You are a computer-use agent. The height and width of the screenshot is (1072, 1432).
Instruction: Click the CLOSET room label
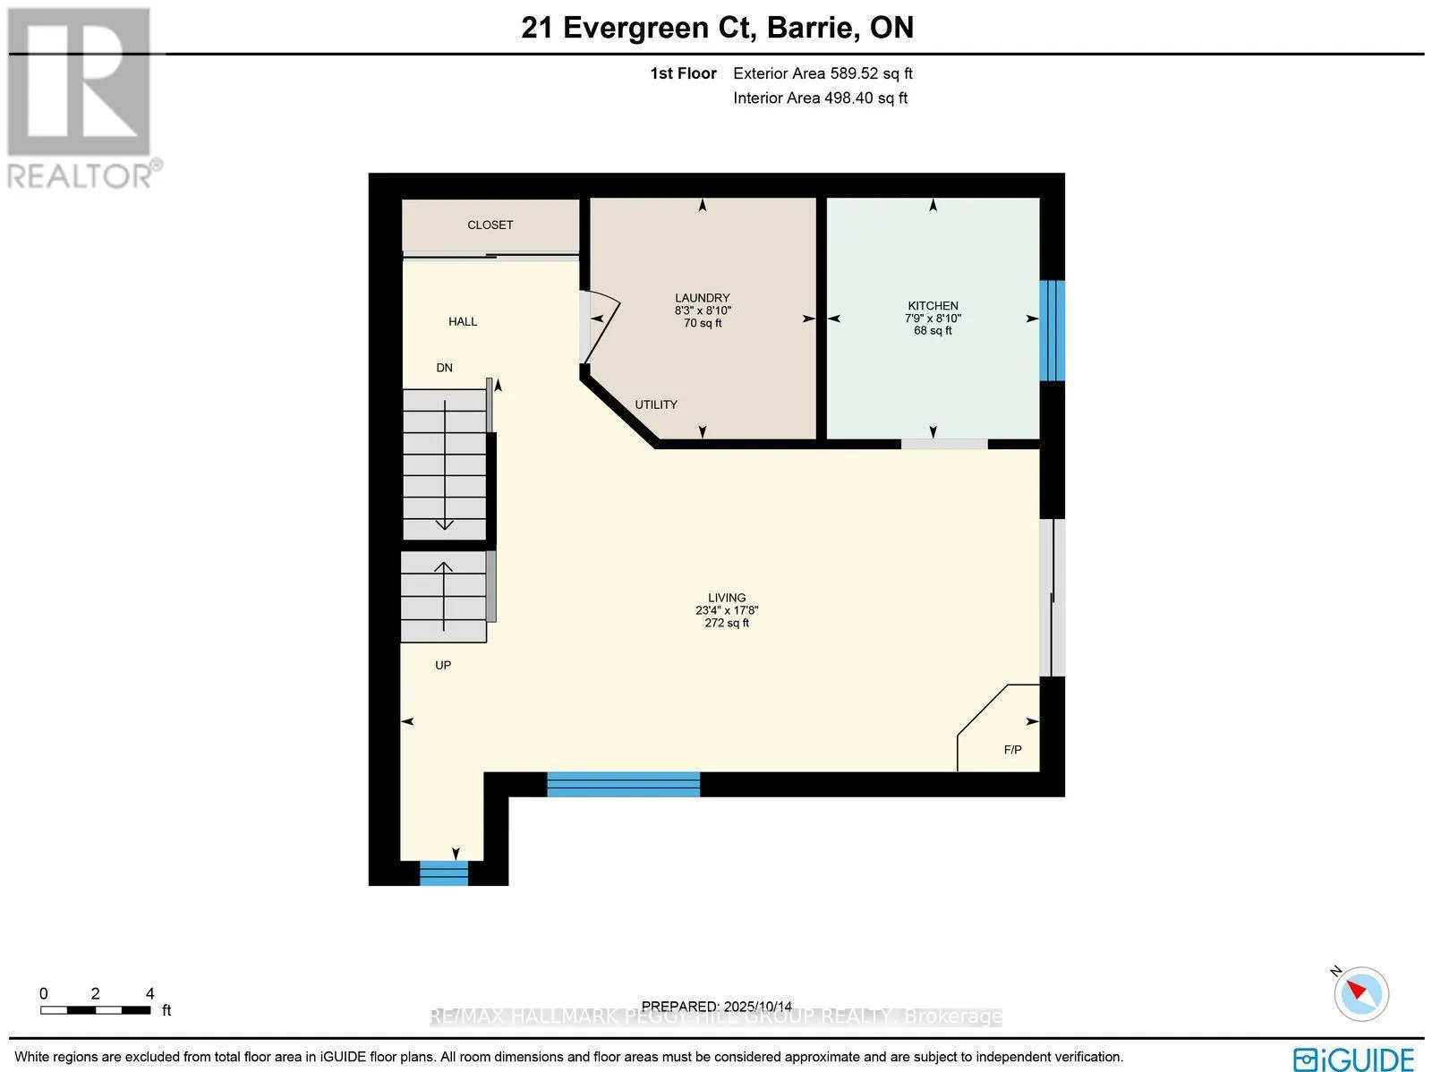(x=490, y=225)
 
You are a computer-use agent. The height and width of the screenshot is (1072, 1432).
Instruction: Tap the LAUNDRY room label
(x=703, y=298)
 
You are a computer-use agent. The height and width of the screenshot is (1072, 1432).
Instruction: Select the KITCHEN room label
(x=933, y=306)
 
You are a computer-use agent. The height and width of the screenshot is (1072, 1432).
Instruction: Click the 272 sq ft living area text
(x=727, y=623)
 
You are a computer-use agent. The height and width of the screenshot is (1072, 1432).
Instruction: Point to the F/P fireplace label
(x=1012, y=750)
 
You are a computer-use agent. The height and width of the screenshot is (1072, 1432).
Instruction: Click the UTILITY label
(x=656, y=404)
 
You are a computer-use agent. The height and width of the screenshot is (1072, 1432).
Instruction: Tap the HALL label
(x=463, y=321)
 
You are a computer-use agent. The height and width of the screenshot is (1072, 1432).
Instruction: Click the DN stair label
(x=444, y=368)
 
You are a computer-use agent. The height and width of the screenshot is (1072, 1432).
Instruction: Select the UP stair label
(x=443, y=665)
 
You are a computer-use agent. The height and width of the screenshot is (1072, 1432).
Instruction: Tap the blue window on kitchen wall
(x=1052, y=330)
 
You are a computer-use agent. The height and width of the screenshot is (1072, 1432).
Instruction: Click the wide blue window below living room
(x=623, y=784)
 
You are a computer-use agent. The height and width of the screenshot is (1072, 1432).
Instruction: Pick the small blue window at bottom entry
(x=444, y=872)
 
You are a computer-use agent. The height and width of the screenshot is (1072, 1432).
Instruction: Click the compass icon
(x=1361, y=993)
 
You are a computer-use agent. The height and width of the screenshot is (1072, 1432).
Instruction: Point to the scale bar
(x=95, y=1010)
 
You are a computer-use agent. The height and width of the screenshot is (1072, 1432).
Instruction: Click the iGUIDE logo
(x=1354, y=1058)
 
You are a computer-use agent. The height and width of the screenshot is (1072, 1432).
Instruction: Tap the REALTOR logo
(x=82, y=98)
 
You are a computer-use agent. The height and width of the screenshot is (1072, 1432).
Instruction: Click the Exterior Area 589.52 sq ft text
(x=823, y=74)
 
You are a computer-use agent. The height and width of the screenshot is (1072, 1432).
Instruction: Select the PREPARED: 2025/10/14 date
(x=717, y=1006)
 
